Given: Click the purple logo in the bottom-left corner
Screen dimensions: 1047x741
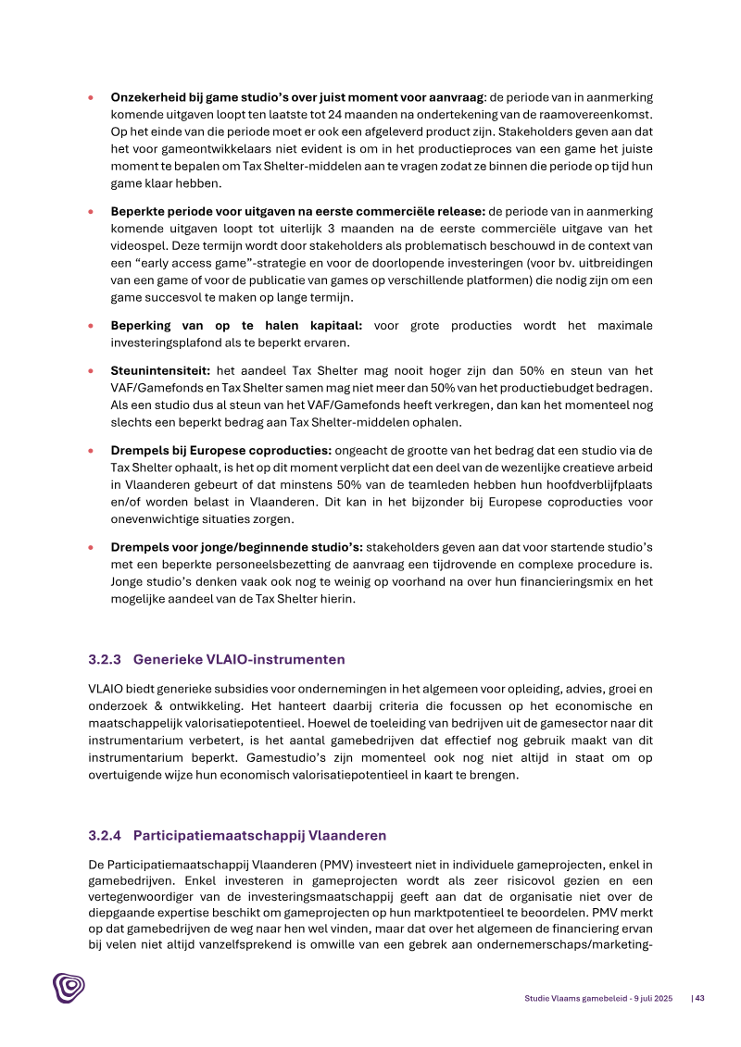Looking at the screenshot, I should point(69,987).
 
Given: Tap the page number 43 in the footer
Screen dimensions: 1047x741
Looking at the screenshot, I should point(700,998).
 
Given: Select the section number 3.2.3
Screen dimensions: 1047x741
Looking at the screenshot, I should point(107,660).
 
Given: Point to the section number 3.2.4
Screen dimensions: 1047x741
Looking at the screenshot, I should point(107,836).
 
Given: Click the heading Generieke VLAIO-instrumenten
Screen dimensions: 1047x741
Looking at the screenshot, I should point(239,660).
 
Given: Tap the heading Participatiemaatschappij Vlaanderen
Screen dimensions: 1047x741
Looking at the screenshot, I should point(259,836).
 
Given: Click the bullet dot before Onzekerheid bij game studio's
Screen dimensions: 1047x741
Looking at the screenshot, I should point(90,97).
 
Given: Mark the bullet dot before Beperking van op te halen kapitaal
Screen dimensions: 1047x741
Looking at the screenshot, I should point(90,326).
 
